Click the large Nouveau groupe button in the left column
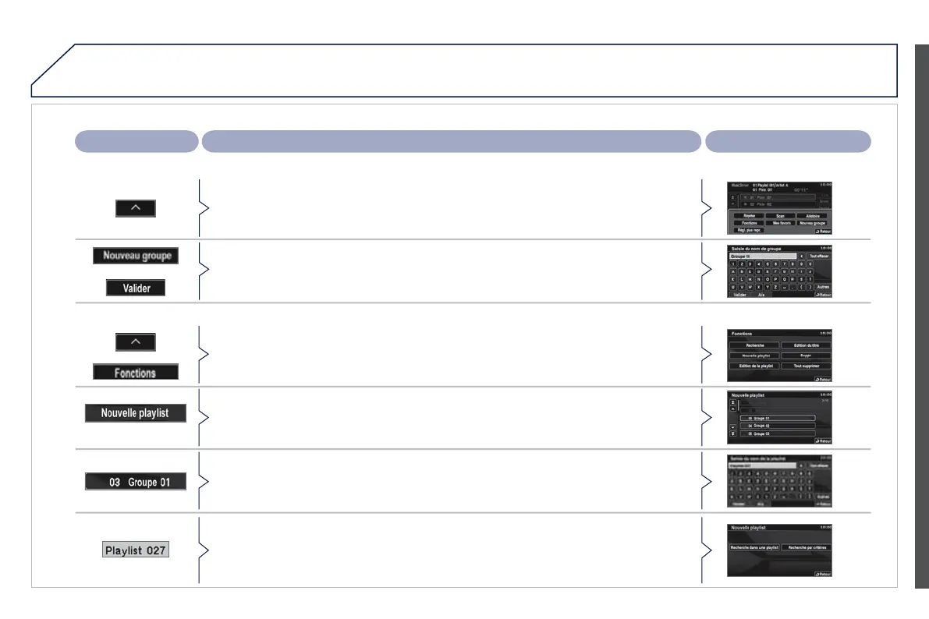tap(136, 256)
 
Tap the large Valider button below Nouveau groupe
tap(136, 288)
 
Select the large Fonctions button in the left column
tap(136, 373)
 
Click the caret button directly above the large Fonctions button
tap(136, 341)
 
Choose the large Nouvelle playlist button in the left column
tap(136, 413)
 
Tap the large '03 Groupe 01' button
tap(136, 483)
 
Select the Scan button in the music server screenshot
tap(779, 216)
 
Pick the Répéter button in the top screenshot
tap(749, 216)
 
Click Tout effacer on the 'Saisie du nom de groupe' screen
tap(818, 256)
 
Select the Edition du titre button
tap(806, 345)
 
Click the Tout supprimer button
tap(806, 366)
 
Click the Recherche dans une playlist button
tap(754, 547)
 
